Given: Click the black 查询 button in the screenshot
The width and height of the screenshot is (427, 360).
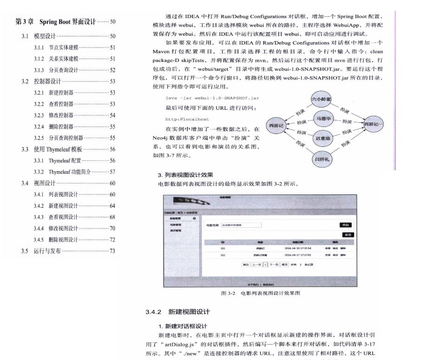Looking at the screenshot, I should pos(346,225).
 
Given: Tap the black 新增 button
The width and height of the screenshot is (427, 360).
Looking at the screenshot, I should pos(348,235).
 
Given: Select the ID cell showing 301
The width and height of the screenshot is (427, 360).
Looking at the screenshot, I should pos(223,249).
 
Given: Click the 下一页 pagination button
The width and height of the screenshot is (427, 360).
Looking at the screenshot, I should pos(274,264).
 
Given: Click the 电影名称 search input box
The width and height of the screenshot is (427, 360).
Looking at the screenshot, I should pos(241,225).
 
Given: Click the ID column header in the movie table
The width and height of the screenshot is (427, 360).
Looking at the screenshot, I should pos(223,242).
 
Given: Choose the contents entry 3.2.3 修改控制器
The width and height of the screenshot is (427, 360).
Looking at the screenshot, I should pos(64,115).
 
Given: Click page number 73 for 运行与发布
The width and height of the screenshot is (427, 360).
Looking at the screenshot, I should pos(112,252).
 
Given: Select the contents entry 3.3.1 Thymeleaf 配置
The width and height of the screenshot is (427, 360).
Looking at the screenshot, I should pos(65,160).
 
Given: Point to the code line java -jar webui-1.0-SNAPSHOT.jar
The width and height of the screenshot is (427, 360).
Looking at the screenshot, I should pos(212,98).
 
